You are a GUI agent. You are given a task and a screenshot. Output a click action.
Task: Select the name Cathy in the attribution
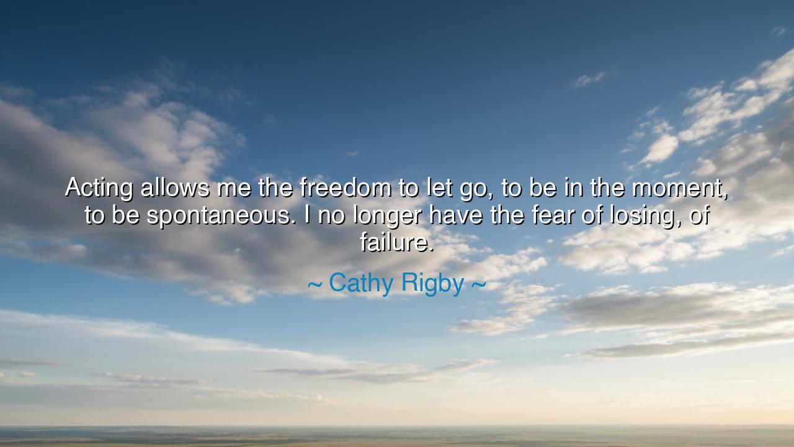(361, 284)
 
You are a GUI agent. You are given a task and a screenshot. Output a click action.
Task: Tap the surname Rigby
(432, 284)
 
